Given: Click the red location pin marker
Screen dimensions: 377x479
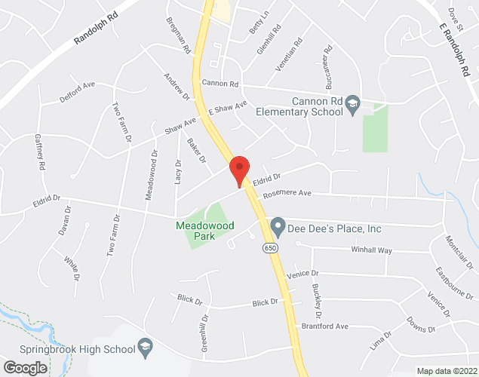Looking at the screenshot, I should [x=239, y=170].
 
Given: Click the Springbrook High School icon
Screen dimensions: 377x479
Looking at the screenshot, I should [x=144, y=348].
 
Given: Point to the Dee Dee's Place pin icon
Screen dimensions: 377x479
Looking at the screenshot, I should [x=278, y=225].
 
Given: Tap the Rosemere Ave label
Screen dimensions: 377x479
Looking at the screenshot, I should [x=287, y=194].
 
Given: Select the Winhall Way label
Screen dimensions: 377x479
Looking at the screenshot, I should [x=372, y=250].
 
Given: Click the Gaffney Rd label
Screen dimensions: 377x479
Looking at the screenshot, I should [x=40, y=151].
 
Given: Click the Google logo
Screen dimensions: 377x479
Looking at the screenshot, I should [x=24, y=368].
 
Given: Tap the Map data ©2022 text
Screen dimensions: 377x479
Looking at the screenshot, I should [x=447, y=371].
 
